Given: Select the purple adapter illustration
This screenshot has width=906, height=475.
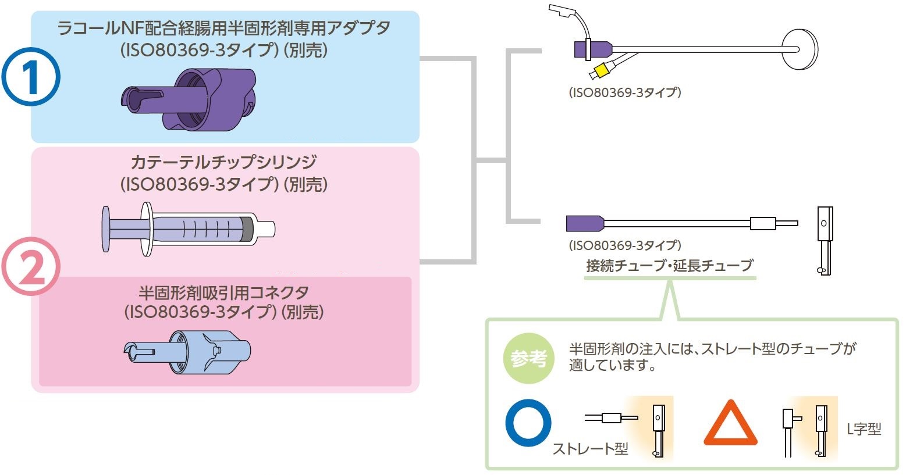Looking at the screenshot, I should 189,98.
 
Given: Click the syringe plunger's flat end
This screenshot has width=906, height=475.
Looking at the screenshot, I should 105,228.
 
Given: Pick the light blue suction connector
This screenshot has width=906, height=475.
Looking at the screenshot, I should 189,352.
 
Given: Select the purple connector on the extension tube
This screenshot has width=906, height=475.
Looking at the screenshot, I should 584,223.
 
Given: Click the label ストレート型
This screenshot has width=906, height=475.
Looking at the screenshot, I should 590,449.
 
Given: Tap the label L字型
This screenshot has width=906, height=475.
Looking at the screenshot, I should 864,429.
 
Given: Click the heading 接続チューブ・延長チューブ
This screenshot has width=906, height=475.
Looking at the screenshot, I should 669,266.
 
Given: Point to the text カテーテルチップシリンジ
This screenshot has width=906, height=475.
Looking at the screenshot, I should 223,162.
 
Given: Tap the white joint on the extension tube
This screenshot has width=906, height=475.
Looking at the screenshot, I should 763,223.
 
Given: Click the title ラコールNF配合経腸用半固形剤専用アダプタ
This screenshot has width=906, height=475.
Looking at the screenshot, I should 224,28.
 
